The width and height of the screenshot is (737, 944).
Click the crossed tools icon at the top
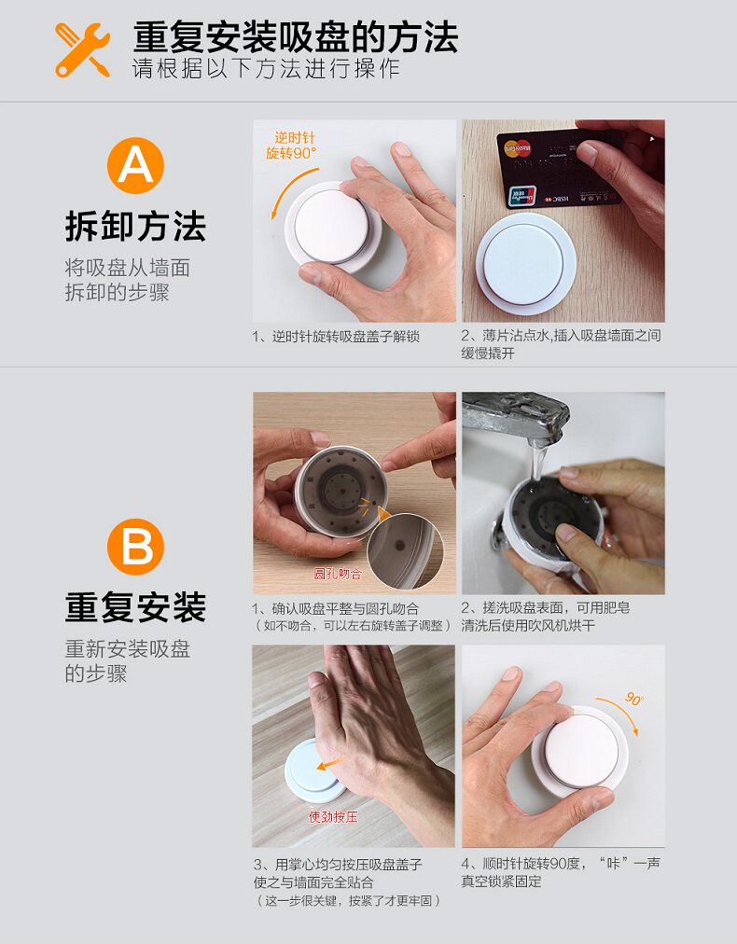click(82, 50)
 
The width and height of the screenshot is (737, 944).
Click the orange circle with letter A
click(135, 165)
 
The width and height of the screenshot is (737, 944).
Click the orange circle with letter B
click(135, 547)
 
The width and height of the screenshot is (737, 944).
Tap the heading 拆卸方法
click(135, 227)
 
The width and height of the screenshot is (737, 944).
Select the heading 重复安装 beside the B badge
click(135, 607)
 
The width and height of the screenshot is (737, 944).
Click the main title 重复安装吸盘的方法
click(296, 36)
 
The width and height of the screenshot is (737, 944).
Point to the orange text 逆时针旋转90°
click(291, 146)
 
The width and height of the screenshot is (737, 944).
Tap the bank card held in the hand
click(559, 167)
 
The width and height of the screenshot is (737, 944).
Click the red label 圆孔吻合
click(338, 573)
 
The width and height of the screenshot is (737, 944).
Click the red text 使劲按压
click(333, 816)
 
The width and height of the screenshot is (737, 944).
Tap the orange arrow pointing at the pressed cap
click(331, 764)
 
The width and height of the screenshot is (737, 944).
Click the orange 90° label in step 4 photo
click(634, 699)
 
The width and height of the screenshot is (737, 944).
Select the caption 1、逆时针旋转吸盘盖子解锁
click(336, 337)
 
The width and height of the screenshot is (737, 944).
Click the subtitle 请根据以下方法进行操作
click(266, 69)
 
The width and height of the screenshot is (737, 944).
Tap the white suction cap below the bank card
click(525, 263)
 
